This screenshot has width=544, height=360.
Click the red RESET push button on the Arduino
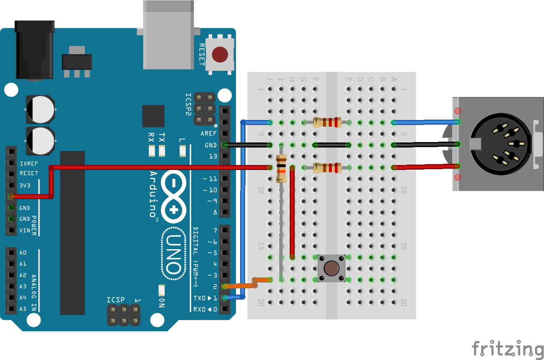click(x=220, y=55)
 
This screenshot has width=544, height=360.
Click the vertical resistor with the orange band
click(x=281, y=168)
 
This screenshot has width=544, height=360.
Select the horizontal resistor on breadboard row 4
click(x=327, y=122)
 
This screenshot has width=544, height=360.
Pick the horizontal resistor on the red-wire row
click(x=327, y=167)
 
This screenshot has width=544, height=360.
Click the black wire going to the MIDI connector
click(x=425, y=144)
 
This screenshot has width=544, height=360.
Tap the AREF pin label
click(x=208, y=134)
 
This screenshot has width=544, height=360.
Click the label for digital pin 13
click(x=213, y=156)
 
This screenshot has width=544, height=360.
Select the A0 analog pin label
click(x=23, y=253)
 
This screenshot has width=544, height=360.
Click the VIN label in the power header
click(x=25, y=230)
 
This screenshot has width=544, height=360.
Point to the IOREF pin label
click(x=28, y=164)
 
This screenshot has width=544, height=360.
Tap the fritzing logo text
click(x=507, y=348)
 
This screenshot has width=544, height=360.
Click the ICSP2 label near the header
click(x=188, y=104)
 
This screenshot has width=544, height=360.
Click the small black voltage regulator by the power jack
click(x=77, y=62)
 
